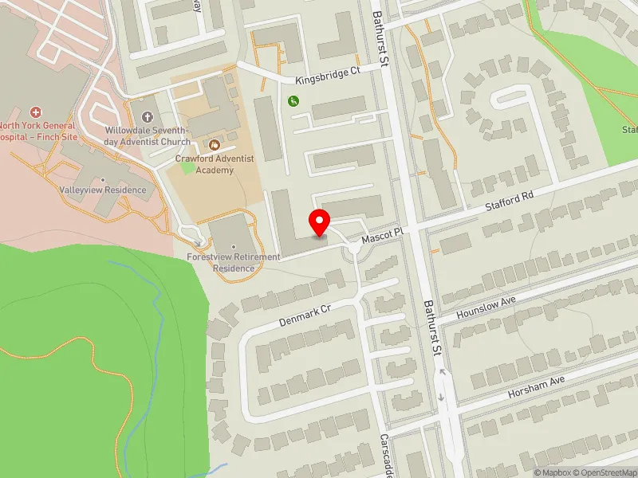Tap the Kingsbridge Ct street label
[x=328, y=76]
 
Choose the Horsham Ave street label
[x=536, y=388]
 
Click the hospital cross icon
[x=35, y=113]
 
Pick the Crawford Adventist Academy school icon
[x=214, y=145]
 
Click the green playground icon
[x=293, y=100]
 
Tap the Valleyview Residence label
[x=103, y=190]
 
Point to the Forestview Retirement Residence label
[x=233, y=262]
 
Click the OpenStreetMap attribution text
[x=607, y=472]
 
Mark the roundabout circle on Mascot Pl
[x=354, y=249]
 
